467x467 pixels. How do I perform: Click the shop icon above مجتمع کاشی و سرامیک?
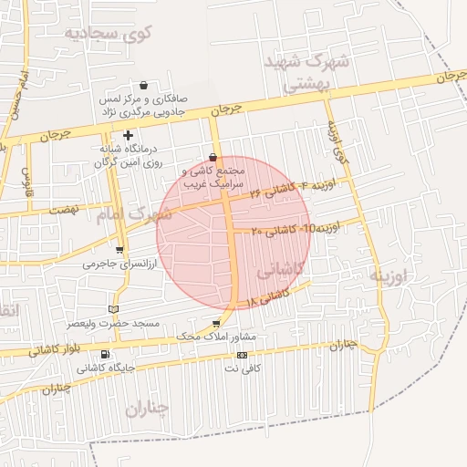coord(213,157)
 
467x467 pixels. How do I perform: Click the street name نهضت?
coord(63,210)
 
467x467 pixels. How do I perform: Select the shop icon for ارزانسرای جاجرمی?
coord(119,249)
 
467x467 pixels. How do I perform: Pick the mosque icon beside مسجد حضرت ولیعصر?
coord(113,309)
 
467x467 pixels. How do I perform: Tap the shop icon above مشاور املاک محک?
coord(215,324)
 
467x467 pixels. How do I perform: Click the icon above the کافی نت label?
coord(242,355)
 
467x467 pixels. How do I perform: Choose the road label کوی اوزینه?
coord(337,138)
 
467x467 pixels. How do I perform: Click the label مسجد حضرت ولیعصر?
coord(119,324)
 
